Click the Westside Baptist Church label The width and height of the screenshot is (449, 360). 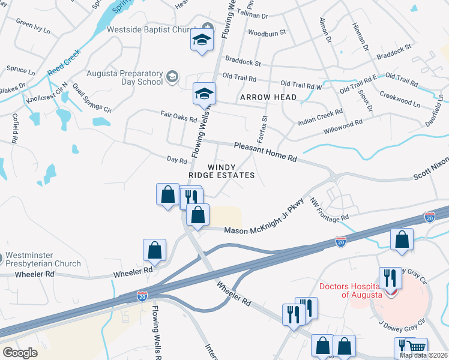click(x=154, y=29)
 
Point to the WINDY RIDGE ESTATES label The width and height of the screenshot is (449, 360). click(x=222, y=171)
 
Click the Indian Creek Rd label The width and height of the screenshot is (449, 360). click(x=321, y=116)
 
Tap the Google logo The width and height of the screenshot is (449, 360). click(x=20, y=352)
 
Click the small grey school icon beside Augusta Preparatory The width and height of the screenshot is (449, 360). click(x=172, y=76)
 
